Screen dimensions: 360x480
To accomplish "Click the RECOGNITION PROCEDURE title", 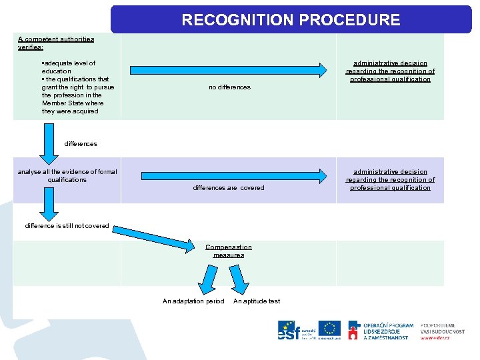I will [291, 20].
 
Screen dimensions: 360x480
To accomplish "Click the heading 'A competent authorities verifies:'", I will [56, 43].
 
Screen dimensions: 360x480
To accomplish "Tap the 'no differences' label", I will [229, 87].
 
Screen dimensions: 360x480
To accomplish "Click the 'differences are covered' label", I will [229, 188].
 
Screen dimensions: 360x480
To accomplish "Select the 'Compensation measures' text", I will [229, 251].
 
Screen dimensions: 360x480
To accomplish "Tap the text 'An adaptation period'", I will [193, 301].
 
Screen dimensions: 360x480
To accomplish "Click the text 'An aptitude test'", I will [257, 301].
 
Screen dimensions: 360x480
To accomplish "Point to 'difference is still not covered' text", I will [67, 226].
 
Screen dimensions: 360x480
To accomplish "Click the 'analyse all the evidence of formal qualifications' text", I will [67, 176].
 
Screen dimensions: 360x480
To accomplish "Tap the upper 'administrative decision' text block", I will [390, 71].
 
